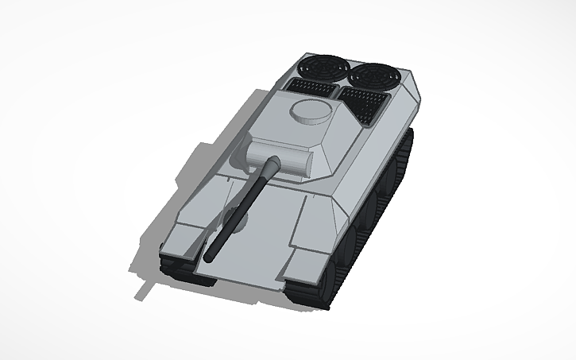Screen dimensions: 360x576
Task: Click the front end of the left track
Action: click(171, 266)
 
